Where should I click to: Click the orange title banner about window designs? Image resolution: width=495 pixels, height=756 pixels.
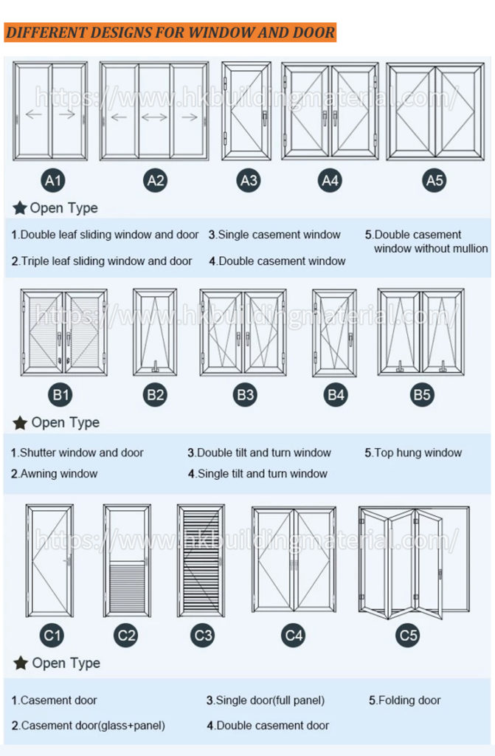[170, 32]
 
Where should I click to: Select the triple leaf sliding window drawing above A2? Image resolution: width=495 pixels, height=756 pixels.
[154, 111]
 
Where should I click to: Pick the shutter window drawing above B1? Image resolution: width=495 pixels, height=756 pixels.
[64, 332]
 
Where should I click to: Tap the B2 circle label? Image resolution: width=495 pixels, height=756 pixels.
[155, 395]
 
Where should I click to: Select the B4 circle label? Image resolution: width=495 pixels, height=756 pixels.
[336, 395]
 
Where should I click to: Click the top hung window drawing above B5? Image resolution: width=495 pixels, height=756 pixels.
[421, 332]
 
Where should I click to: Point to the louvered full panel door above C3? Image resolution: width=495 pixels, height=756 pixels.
[201, 560]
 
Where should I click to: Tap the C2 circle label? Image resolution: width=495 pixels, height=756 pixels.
[127, 635]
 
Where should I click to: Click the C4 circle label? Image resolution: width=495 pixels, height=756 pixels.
[294, 635]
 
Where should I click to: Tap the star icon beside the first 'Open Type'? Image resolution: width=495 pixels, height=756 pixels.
[20, 208]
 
